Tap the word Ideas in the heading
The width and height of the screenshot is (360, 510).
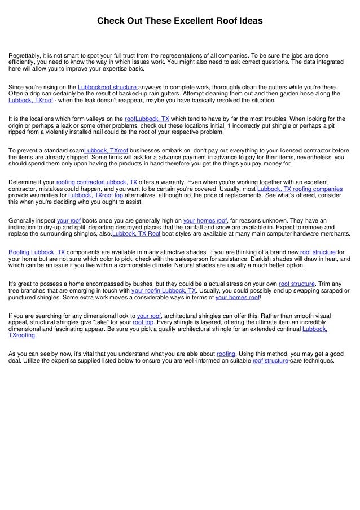[x=251, y=21]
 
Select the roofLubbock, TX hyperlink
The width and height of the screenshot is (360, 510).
[x=147, y=120]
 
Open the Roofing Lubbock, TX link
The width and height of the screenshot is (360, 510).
[x=37, y=253]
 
